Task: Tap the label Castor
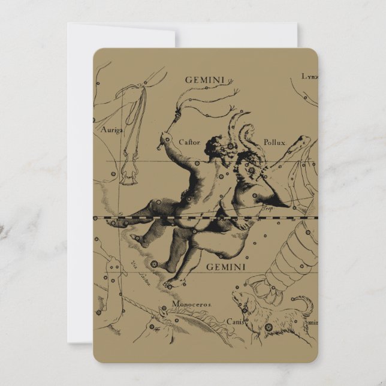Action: coord(189,142)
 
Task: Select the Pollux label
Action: coord(274,142)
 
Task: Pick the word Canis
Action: coord(234,321)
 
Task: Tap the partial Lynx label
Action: coord(310,76)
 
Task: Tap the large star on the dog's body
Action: coord(268,327)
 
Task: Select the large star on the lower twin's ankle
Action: coord(154,264)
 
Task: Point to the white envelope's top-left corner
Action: coord(68,25)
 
